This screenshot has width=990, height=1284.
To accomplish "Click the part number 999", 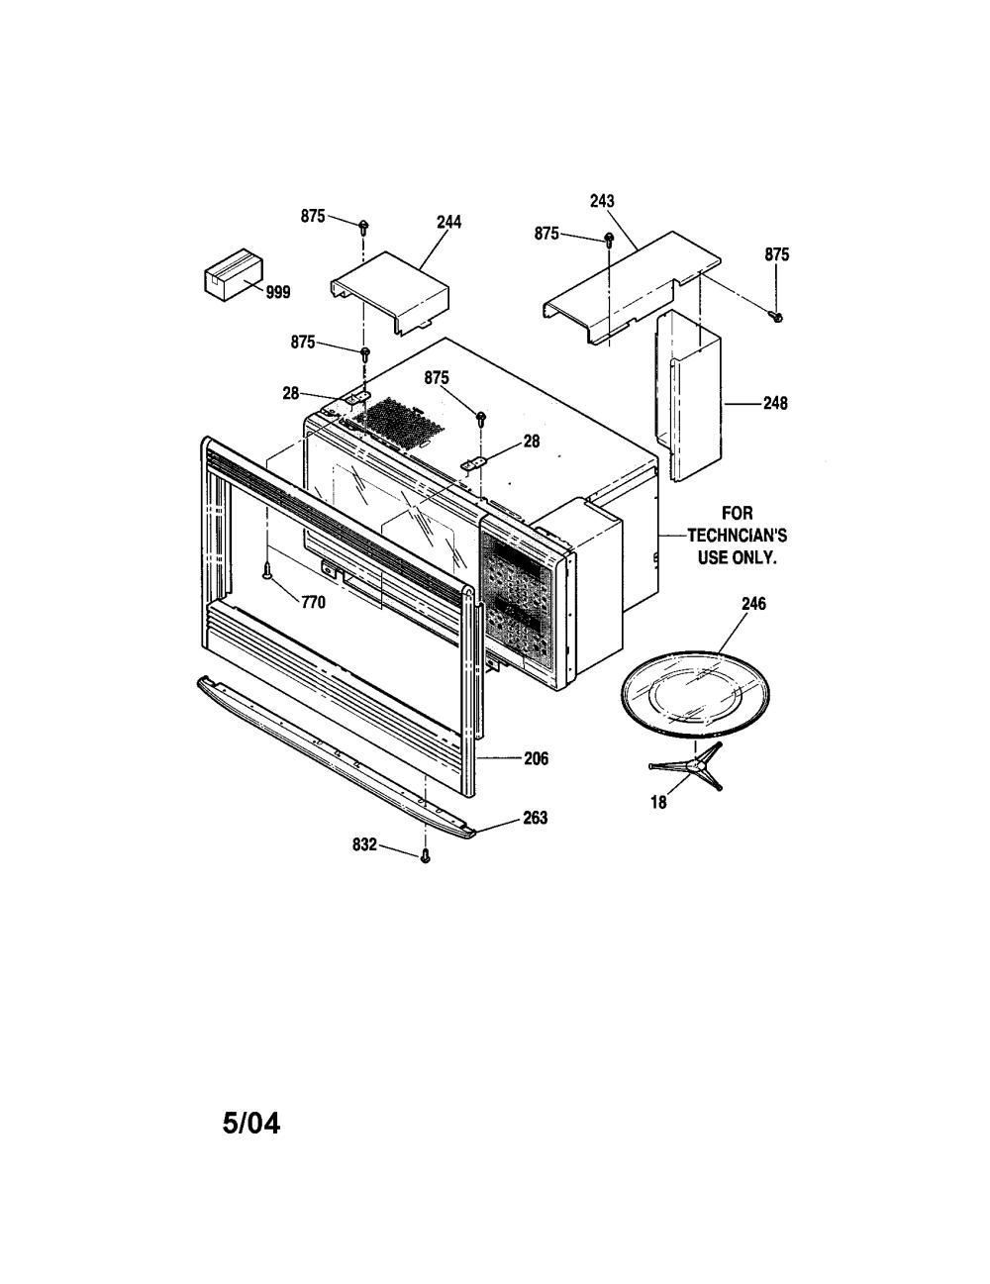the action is click(x=277, y=292).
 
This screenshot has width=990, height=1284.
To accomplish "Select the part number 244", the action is click(x=448, y=222).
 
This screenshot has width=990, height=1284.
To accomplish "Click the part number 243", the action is click(x=602, y=201).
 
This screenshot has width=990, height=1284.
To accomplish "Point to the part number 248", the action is click(x=775, y=403).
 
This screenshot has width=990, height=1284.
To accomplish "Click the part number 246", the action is click(x=753, y=603).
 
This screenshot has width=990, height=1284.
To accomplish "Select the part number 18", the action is click(x=658, y=802).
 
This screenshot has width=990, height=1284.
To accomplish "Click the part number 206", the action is click(x=537, y=758).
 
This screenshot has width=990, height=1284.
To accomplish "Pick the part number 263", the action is click(x=536, y=817).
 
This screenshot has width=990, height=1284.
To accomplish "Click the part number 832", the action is click(x=364, y=845).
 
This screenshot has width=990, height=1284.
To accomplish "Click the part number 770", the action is click(x=313, y=602).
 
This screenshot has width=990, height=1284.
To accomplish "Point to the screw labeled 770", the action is click(x=268, y=570).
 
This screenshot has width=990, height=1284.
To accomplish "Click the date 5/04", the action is click(x=251, y=1123).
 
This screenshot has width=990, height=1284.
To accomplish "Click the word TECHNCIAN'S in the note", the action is click(x=738, y=536).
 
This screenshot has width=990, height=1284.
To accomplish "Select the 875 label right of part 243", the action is click(x=777, y=254).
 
